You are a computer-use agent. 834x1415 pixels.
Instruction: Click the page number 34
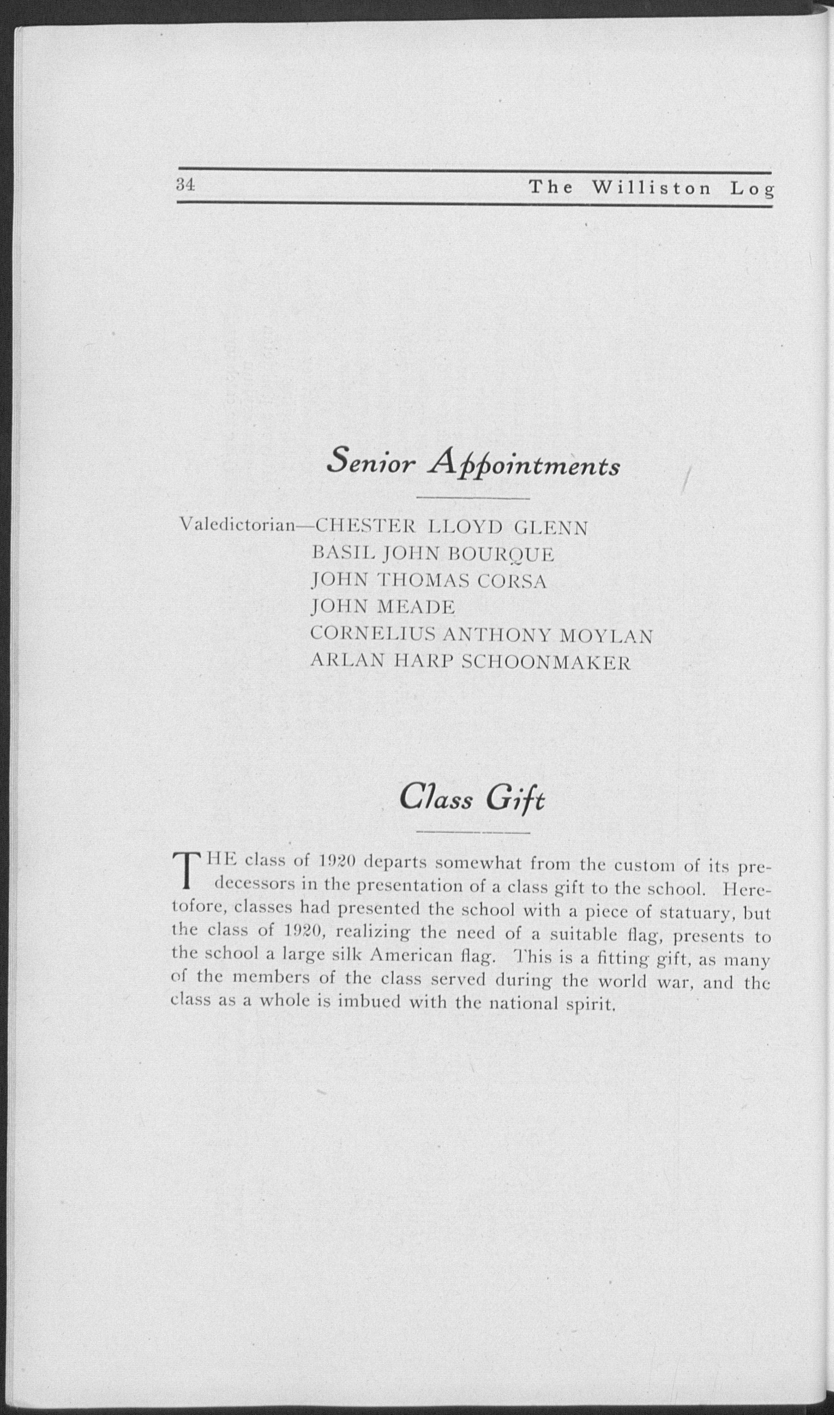pos(185,185)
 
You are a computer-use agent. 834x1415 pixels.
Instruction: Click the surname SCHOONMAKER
pos(546,663)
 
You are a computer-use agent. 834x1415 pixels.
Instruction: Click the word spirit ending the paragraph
pos(590,1004)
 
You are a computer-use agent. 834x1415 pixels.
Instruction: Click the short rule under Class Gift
pos(473,833)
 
